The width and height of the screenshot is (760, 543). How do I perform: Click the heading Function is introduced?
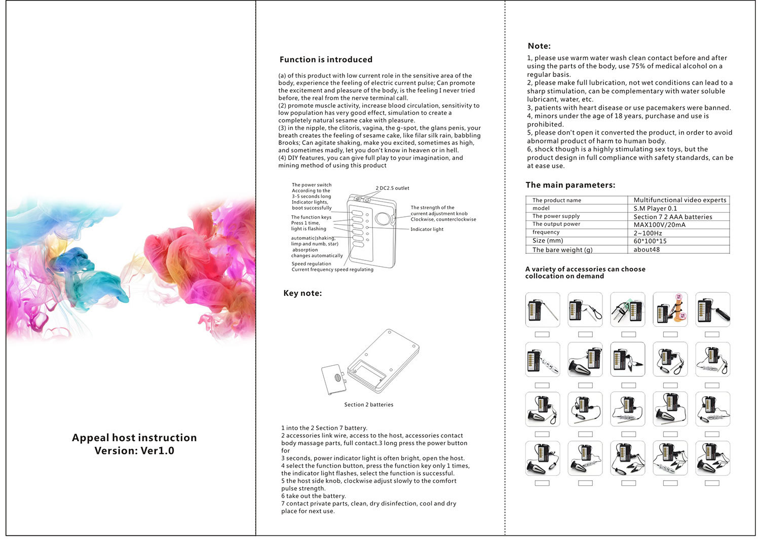click(326, 60)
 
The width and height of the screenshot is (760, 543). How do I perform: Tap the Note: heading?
click(539, 46)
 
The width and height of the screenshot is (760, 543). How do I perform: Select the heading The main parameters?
click(570, 185)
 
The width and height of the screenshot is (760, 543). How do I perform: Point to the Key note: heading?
click(302, 293)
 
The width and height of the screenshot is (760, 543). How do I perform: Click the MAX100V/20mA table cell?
click(659, 225)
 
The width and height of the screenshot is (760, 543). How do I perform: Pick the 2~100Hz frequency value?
click(648, 233)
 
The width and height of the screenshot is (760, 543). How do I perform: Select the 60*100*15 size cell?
click(650, 241)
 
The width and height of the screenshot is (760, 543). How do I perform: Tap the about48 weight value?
click(647, 250)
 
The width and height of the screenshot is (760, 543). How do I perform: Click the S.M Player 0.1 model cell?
click(655, 209)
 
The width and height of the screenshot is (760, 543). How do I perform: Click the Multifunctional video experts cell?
click(679, 200)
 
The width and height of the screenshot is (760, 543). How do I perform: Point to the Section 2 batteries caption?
click(368, 405)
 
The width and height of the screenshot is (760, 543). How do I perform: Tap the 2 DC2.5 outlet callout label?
click(392, 188)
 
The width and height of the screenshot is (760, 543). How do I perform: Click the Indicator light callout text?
click(427, 229)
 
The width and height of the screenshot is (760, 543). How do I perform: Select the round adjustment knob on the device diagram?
click(384, 219)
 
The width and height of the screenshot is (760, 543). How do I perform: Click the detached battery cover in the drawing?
click(334, 379)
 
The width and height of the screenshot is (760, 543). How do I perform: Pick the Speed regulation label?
click(311, 264)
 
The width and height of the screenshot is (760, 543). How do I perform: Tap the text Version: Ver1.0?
click(134, 451)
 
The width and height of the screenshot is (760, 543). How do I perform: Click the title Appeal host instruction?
click(134, 438)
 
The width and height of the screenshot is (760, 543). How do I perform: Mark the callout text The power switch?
click(312, 185)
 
